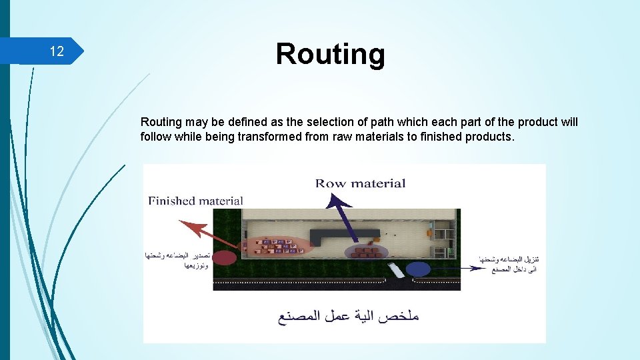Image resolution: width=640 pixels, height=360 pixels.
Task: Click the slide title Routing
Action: coord(330,53)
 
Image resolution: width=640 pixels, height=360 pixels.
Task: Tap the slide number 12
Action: coord(57,52)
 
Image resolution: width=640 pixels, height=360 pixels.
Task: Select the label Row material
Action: coord(360,183)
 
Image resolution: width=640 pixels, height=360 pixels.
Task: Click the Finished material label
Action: coord(195,201)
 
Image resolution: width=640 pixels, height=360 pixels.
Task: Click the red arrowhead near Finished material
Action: coord(188,223)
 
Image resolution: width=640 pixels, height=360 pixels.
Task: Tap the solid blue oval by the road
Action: coord(418,269)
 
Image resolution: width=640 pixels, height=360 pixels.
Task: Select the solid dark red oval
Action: coord(225,258)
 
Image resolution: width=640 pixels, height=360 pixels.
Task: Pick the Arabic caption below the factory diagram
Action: coord(349,316)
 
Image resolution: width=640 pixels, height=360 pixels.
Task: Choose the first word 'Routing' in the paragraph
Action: coord(161,122)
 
